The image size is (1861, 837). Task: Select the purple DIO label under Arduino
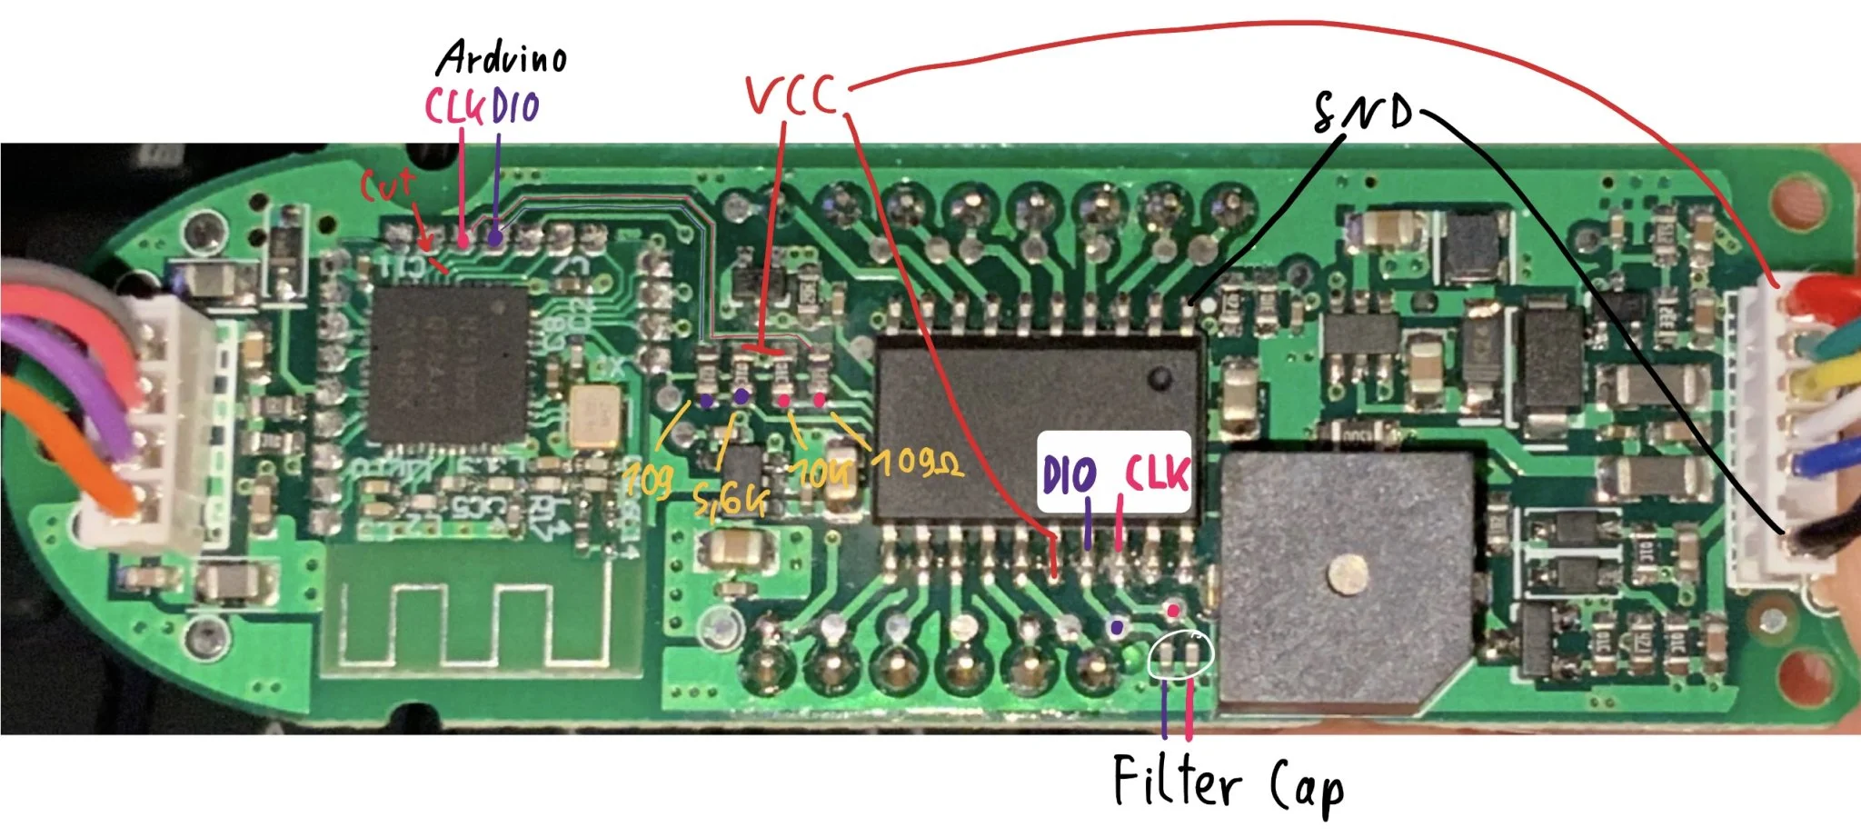[x=516, y=107]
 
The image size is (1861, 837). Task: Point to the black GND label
[x=1364, y=113]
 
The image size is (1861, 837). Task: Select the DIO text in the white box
[x=1070, y=476]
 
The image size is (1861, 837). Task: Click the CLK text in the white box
[x=1157, y=473]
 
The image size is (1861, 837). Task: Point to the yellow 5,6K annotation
[x=730, y=499]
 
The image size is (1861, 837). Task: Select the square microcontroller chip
[x=449, y=363]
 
